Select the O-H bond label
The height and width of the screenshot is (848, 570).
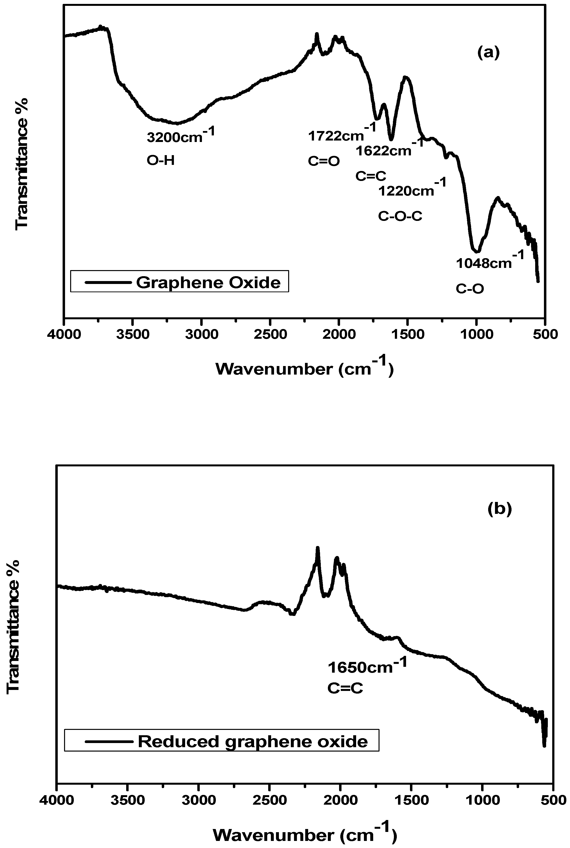(x=161, y=160)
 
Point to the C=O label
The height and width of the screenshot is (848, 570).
(x=323, y=161)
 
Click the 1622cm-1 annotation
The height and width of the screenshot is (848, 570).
(x=389, y=150)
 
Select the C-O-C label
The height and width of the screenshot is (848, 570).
(x=400, y=216)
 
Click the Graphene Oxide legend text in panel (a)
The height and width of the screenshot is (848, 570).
(x=208, y=283)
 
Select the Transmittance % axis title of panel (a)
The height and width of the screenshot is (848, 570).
(x=22, y=164)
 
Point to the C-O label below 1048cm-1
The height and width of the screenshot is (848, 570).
(x=470, y=289)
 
